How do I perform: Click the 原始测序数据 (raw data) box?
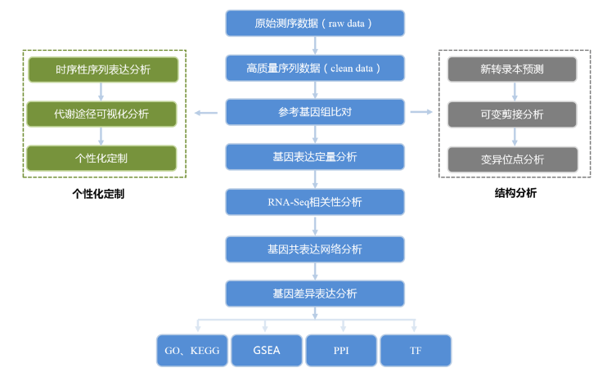[x=315, y=23]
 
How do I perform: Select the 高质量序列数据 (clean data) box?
[x=315, y=68]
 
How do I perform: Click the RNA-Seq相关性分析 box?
[x=315, y=202]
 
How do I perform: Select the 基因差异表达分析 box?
[x=315, y=293]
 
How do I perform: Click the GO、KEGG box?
[x=192, y=350]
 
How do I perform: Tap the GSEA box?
[x=267, y=350]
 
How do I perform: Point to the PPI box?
[x=341, y=350]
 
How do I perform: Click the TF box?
[x=416, y=350]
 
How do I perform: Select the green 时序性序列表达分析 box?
[x=102, y=69]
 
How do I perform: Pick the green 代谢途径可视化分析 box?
[x=102, y=114]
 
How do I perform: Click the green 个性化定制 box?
[x=102, y=158]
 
